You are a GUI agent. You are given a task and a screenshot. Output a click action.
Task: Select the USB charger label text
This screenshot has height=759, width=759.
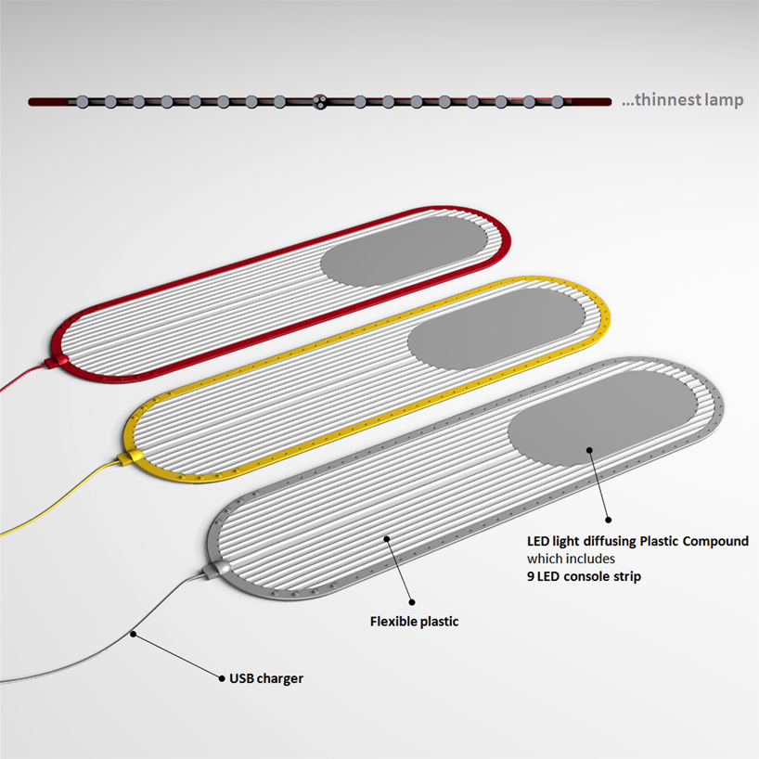tap(266, 678)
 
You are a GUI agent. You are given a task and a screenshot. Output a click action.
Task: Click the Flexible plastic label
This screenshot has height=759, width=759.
tap(413, 622)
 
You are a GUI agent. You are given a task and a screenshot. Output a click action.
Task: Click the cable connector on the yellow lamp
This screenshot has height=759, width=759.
tap(128, 457)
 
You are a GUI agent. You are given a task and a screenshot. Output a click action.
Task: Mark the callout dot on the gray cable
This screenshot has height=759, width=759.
tap(134, 635)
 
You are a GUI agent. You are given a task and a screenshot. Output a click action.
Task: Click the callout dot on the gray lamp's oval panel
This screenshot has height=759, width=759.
tap(588, 449)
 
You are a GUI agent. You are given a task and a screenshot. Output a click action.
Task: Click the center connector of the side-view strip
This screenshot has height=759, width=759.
tap(320, 101)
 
